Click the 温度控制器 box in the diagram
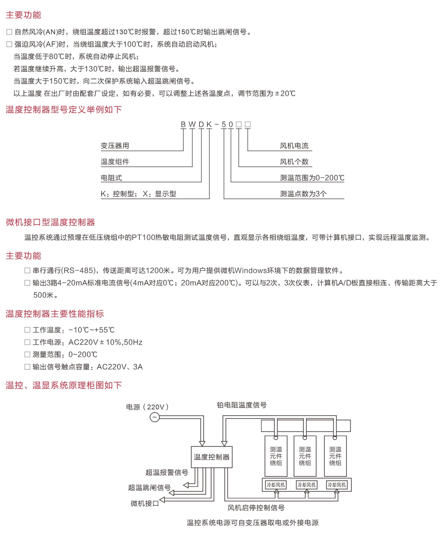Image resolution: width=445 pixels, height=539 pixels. pos(211,457)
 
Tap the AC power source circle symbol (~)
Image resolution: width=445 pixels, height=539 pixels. pos(154,417)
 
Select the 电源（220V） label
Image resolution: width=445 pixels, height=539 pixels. pos(147,407)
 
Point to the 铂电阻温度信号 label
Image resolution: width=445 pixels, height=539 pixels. pos(242,405)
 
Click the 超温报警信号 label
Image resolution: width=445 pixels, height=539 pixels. pos(167,472)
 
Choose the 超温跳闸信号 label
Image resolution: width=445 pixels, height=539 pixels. pos(149,488)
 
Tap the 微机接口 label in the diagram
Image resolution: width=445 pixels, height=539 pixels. pos(145,503)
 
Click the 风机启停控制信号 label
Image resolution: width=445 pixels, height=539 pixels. pos(256,508)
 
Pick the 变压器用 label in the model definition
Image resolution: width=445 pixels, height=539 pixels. pos(115,146)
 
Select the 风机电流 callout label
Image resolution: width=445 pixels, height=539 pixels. pos(294,146)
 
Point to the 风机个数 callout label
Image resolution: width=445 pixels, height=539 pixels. pos(294,162)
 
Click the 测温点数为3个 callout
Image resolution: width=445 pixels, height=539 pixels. pos(303,194)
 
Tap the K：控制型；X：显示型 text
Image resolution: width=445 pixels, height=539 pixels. pos(139,194)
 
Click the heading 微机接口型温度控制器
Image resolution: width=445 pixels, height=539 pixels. pos(50,222)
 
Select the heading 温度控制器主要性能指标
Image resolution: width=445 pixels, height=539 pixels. pos(55,314)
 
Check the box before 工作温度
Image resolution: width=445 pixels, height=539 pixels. pos(27,330)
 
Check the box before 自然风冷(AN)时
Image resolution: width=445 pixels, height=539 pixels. pos(9,32)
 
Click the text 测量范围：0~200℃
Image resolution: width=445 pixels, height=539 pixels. pos(65,354)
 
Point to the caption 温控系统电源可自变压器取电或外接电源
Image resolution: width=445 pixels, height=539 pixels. pos(253,522)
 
